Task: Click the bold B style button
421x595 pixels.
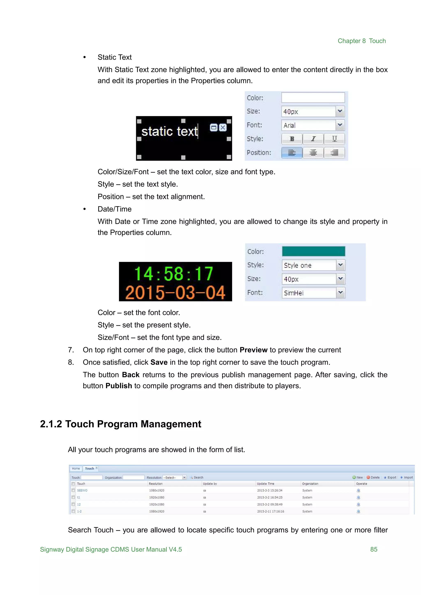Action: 292,139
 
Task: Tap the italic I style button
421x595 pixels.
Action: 313,139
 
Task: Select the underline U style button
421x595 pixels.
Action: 334,139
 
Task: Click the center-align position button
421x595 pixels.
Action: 313,153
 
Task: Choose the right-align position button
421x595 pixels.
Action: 334,153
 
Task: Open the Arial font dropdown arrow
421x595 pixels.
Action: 340,125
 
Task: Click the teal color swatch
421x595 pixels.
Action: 313,251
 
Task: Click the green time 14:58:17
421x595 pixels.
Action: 174,274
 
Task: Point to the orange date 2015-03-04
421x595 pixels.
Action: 175,293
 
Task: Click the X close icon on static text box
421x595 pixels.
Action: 223,128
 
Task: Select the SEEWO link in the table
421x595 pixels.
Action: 82,490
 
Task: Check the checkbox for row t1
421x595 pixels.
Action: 73,497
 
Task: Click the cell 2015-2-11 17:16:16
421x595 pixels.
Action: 270,511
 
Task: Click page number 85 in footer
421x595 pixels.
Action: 374,549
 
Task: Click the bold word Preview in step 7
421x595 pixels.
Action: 253,350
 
